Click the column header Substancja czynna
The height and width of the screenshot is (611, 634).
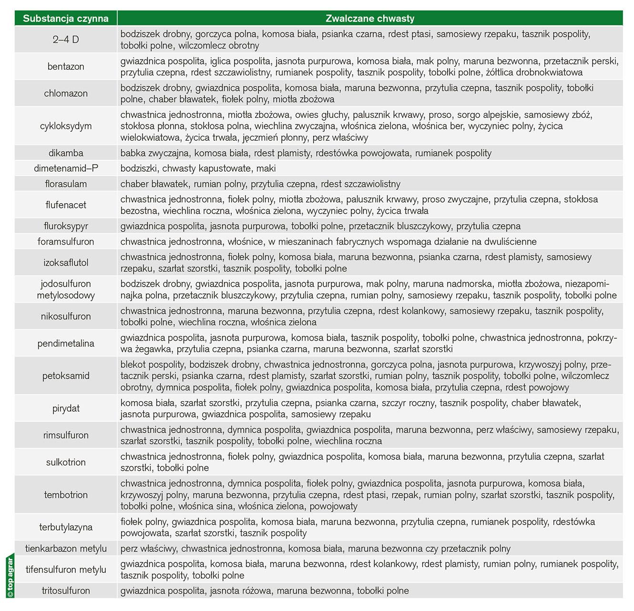tap(66, 19)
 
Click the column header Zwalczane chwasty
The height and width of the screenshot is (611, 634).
tap(369, 19)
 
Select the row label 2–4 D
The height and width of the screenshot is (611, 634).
tap(66, 40)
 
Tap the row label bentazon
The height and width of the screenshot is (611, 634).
tap(66, 66)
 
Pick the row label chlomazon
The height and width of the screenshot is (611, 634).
tap(66, 93)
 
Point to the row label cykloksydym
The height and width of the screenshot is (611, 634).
tap(66, 126)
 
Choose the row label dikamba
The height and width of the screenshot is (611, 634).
tap(66, 153)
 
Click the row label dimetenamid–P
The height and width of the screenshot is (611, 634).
tap(66, 168)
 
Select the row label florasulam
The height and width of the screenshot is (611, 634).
tap(66, 184)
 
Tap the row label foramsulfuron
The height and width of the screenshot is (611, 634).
tap(66, 241)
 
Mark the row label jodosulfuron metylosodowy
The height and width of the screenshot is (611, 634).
tap(66, 289)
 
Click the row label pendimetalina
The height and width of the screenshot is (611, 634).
tap(66, 343)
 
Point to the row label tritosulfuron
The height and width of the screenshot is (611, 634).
tap(66, 590)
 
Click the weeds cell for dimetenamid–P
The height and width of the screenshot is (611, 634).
tap(198, 168)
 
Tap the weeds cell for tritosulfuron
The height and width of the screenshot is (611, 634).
tap(265, 590)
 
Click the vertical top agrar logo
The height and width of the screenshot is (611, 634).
tap(10, 575)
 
